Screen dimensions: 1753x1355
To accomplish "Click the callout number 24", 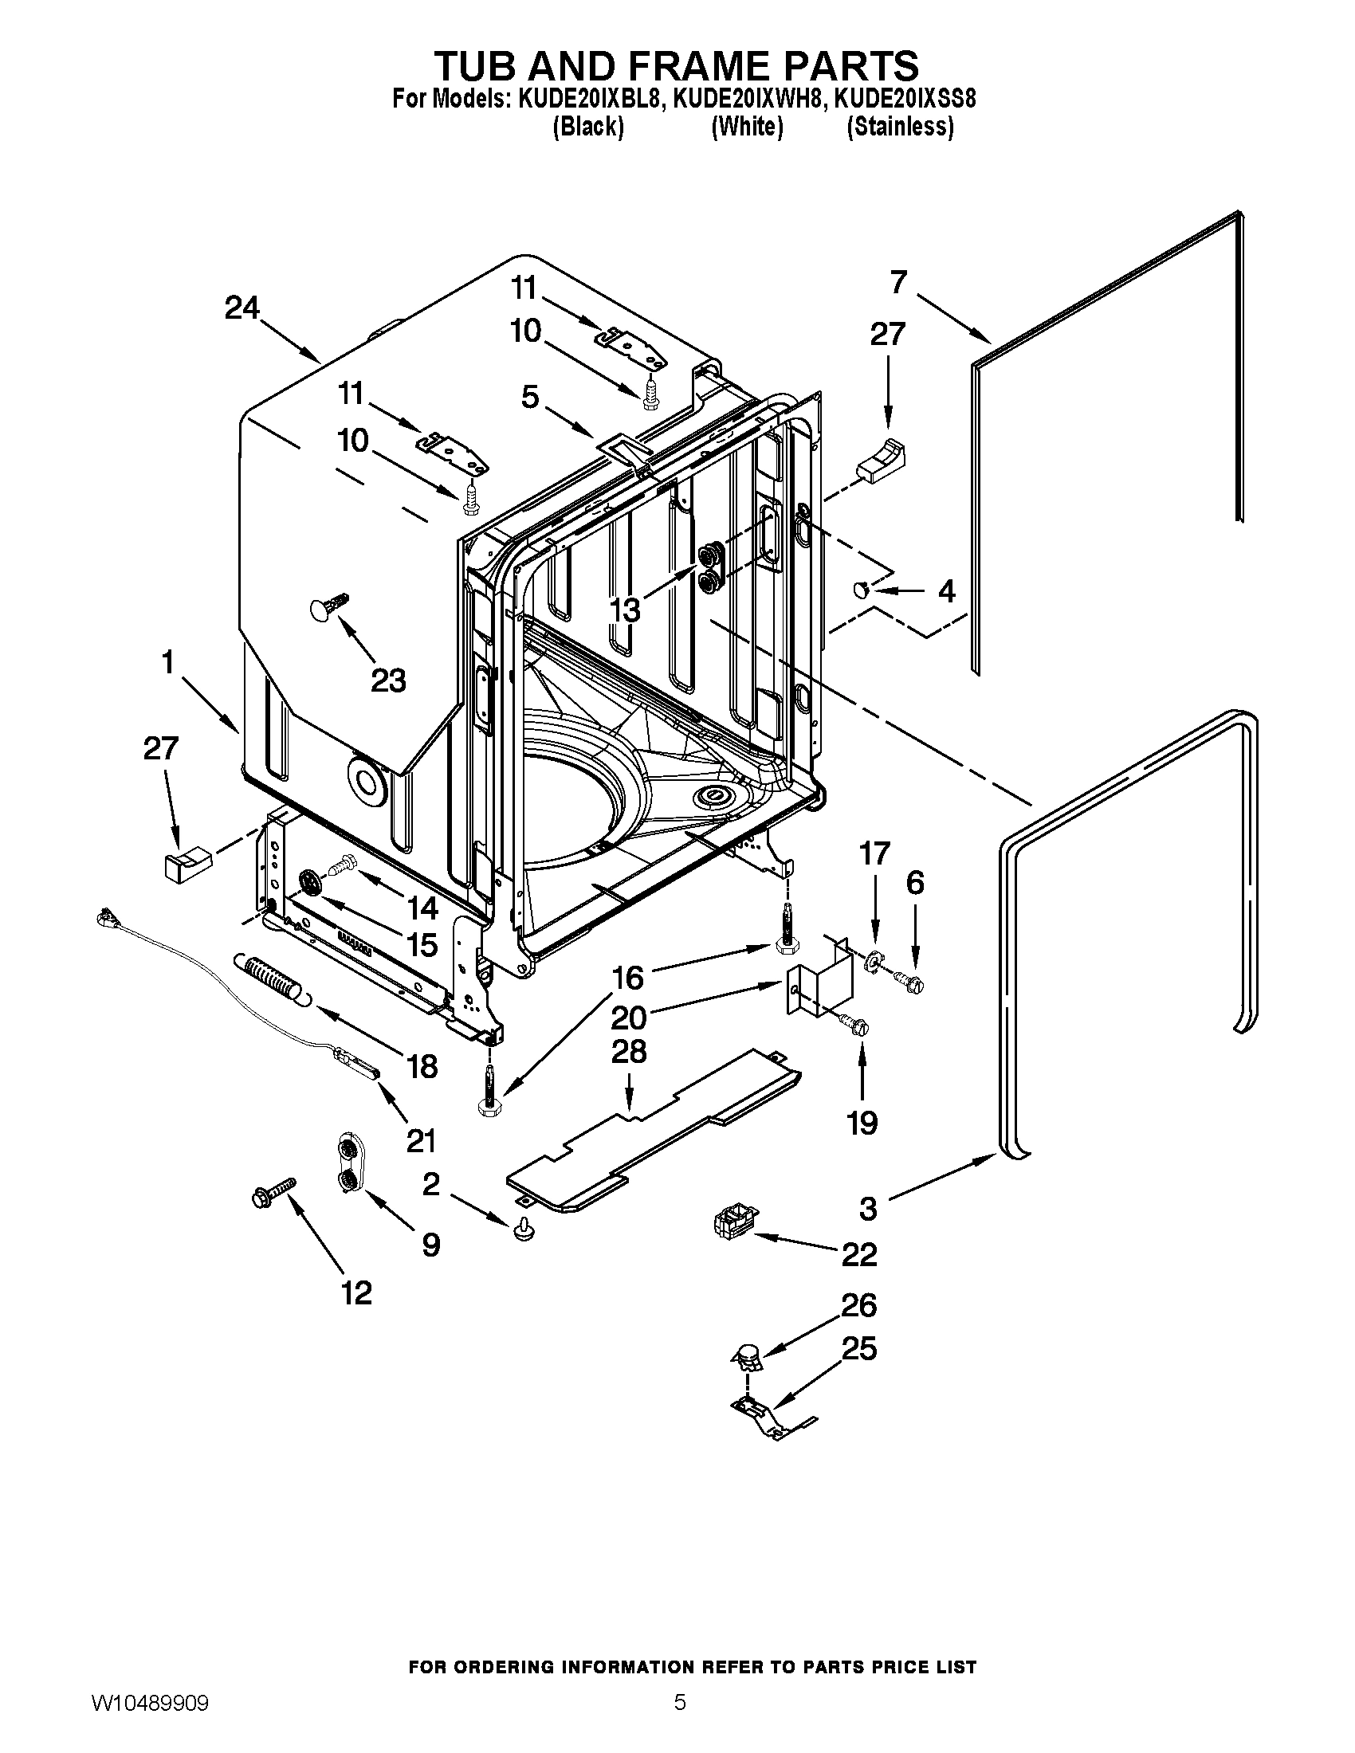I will coord(242,308).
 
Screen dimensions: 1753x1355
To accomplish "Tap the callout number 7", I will coord(898,282).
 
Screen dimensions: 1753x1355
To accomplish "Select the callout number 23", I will coord(387,680).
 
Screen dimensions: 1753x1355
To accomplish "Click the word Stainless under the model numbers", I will coord(901,127).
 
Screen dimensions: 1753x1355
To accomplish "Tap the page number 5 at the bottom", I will coord(679,1721).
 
